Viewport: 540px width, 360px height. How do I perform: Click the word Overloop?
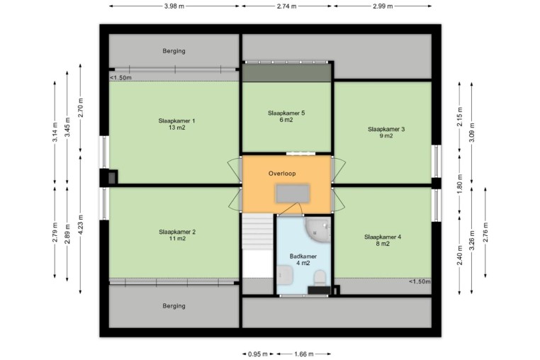pyautogui.click(x=282, y=174)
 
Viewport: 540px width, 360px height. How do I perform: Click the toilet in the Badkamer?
pyautogui.click(x=320, y=277)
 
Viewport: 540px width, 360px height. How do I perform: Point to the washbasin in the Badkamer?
pyautogui.click(x=285, y=275)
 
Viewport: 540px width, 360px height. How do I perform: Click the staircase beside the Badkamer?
pyautogui.click(x=258, y=231)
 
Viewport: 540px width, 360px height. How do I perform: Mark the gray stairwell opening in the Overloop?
pyautogui.click(x=293, y=193)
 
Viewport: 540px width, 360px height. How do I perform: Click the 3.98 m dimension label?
pyautogui.click(x=174, y=6)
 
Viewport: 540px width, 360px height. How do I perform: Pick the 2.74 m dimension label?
pyautogui.click(x=286, y=6)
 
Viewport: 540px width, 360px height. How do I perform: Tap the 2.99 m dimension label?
pyautogui.click(x=383, y=6)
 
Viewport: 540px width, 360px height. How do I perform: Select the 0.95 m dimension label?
pyautogui.click(x=258, y=354)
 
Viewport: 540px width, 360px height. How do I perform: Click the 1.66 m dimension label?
pyautogui.click(x=304, y=354)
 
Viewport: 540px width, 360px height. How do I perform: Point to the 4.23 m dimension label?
pyautogui.click(x=81, y=224)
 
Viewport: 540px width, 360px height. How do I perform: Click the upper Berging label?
pyautogui.click(x=174, y=51)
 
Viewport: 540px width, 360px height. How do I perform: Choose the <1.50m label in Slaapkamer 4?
pyautogui.click(x=420, y=281)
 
